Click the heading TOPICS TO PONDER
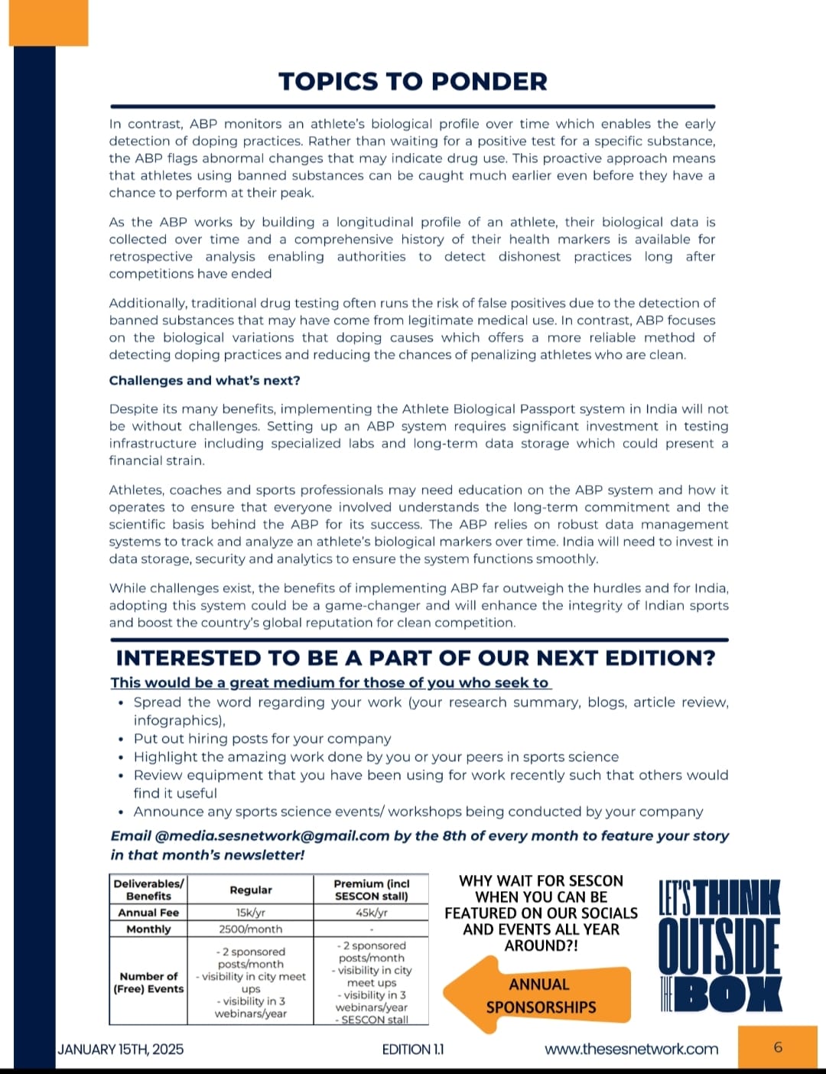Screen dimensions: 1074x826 tap(413, 82)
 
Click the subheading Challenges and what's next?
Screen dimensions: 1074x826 tap(204, 380)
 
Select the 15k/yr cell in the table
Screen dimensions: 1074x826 tap(250, 912)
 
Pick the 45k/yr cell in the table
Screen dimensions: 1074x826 tap(371, 912)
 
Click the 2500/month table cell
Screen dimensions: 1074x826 tap(250, 929)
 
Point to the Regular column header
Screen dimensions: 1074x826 tap(250, 890)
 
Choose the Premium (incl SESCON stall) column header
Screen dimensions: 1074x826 tap(371, 890)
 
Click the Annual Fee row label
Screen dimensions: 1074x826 tap(148, 912)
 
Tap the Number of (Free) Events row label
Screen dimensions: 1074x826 tap(148, 982)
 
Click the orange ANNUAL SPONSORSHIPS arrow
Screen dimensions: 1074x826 tap(538, 995)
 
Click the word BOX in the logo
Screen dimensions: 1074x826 tap(730, 994)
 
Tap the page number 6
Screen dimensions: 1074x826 tap(778, 1047)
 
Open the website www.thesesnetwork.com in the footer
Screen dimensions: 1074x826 tap(631, 1049)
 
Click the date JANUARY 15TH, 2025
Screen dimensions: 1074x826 tap(120, 1049)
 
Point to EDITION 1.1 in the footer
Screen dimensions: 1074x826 tap(412, 1049)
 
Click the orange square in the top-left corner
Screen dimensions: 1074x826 tap(48, 23)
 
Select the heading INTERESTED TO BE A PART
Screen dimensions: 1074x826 tap(415, 658)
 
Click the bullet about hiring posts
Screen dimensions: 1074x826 tap(262, 738)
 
